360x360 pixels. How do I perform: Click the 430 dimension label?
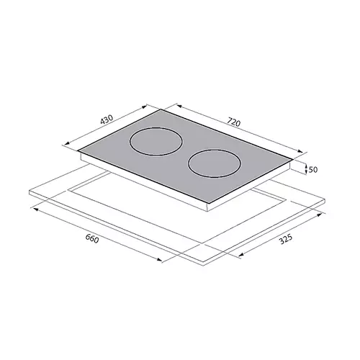pos(107,120)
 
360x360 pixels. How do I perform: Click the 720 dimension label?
pos(233,122)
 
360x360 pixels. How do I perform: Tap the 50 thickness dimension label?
pos(313,170)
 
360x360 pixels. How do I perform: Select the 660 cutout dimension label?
pos(92,238)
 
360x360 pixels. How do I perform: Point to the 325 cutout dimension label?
pos(286,239)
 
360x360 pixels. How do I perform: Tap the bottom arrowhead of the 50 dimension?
pos(306,171)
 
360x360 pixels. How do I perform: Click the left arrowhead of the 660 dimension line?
pos(35,210)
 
